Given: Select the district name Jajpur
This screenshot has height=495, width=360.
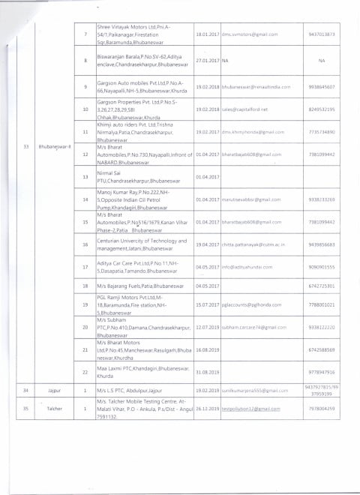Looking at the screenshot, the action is point(58,391).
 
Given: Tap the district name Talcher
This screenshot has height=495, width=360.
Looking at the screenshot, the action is point(58,409).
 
